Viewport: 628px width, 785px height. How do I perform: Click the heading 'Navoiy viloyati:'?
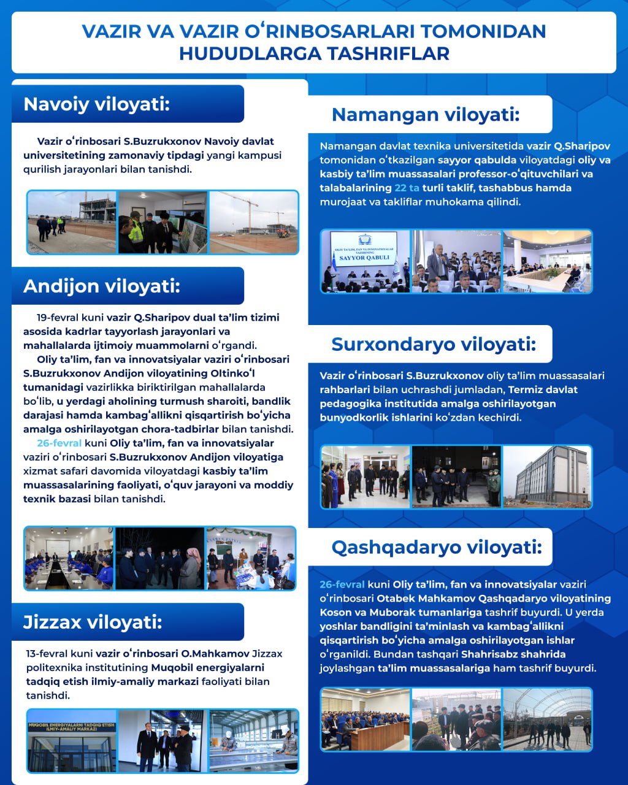coord(96,104)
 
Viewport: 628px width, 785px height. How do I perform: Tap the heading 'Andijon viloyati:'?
coord(102,286)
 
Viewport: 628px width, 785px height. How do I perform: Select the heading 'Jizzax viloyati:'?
coord(93,622)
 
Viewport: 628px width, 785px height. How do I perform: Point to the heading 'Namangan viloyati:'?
coord(426,114)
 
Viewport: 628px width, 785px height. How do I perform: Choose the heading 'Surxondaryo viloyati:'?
coord(434,344)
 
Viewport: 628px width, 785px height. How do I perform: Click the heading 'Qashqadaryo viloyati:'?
coord(437,546)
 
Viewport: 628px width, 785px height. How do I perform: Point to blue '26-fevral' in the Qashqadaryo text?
coord(342,584)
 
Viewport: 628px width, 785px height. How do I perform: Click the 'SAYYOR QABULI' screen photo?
coord(366,261)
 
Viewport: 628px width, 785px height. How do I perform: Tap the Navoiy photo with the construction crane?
coord(254,222)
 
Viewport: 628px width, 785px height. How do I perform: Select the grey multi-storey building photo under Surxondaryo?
coord(547,477)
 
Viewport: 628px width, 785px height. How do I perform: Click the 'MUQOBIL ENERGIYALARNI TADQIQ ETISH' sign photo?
coord(72,740)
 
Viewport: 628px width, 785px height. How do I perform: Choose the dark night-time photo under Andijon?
coord(159,558)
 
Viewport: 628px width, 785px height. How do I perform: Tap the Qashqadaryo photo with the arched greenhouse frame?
coord(547,719)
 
